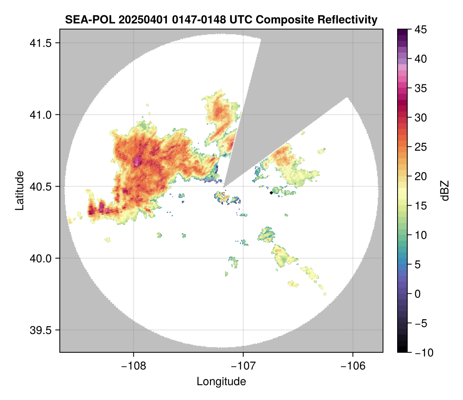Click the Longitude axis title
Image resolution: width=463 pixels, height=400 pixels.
click(x=221, y=381)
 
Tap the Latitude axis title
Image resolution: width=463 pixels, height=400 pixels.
click(x=19, y=190)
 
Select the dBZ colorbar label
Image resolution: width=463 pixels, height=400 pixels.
click(x=445, y=191)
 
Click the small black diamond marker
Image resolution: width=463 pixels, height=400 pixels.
click(x=271, y=193)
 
